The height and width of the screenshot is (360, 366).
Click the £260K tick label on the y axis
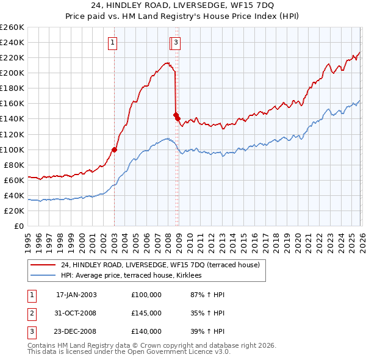pos(12,27)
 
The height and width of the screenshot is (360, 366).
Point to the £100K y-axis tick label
pos(12,149)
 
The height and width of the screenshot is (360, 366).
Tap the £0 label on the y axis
pos(20,226)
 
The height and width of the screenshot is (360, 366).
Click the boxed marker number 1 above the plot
pos(113,42)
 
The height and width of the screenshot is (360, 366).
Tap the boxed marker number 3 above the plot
pos(176,42)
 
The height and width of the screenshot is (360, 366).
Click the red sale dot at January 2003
pos(114,149)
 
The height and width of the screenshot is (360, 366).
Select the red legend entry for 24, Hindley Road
pos(160,265)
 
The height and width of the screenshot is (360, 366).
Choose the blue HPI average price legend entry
pos(135,276)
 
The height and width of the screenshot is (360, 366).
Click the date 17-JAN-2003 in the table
pos(76,294)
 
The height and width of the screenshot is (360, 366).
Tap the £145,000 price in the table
pos(146,313)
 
